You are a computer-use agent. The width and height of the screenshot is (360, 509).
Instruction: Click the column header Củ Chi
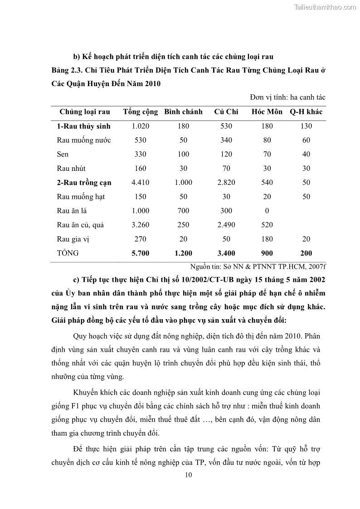[226, 112]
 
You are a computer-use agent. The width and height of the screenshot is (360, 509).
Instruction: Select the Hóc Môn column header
[267, 112]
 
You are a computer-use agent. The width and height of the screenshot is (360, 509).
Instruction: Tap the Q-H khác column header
[306, 112]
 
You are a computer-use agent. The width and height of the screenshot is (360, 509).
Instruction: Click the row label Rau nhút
[71, 169]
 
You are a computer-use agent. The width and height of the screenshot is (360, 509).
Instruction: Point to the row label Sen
[63, 155]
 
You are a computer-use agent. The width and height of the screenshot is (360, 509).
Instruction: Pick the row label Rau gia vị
[74, 239]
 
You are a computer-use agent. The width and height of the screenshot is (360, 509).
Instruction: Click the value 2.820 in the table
[226, 183]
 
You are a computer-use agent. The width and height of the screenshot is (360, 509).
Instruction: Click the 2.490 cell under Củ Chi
[226, 225]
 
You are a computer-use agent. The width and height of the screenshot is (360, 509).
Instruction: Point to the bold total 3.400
[226, 253]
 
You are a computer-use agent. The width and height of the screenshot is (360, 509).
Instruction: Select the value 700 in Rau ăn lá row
[183, 211]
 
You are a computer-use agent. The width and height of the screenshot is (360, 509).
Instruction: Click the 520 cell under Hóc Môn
[267, 225]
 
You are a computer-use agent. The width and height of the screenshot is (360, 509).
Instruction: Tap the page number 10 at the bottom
[189, 475]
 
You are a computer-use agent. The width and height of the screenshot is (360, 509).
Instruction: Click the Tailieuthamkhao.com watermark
[326, 7]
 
